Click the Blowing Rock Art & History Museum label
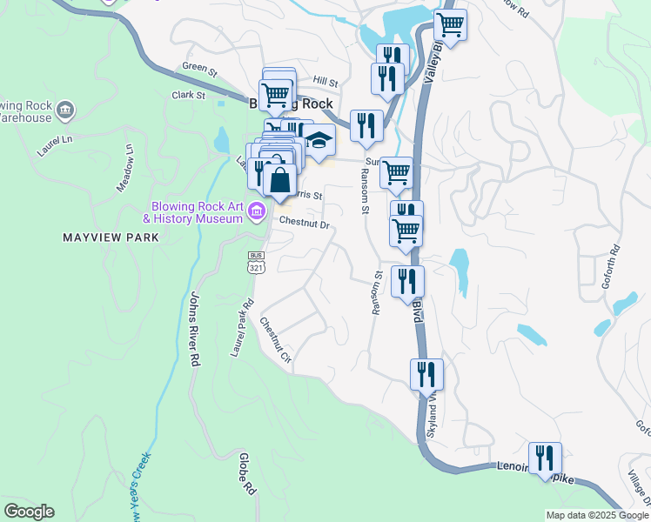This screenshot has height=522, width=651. [x=196, y=212]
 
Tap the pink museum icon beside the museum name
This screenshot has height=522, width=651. [x=257, y=211]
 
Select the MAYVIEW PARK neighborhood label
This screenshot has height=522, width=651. [x=111, y=237]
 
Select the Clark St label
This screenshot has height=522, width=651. [x=188, y=95]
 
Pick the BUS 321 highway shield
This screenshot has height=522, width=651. [x=256, y=264]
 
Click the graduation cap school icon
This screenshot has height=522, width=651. [x=319, y=140]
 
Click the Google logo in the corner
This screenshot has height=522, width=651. [x=29, y=511]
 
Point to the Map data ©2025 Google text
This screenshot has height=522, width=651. [x=596, y=515]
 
